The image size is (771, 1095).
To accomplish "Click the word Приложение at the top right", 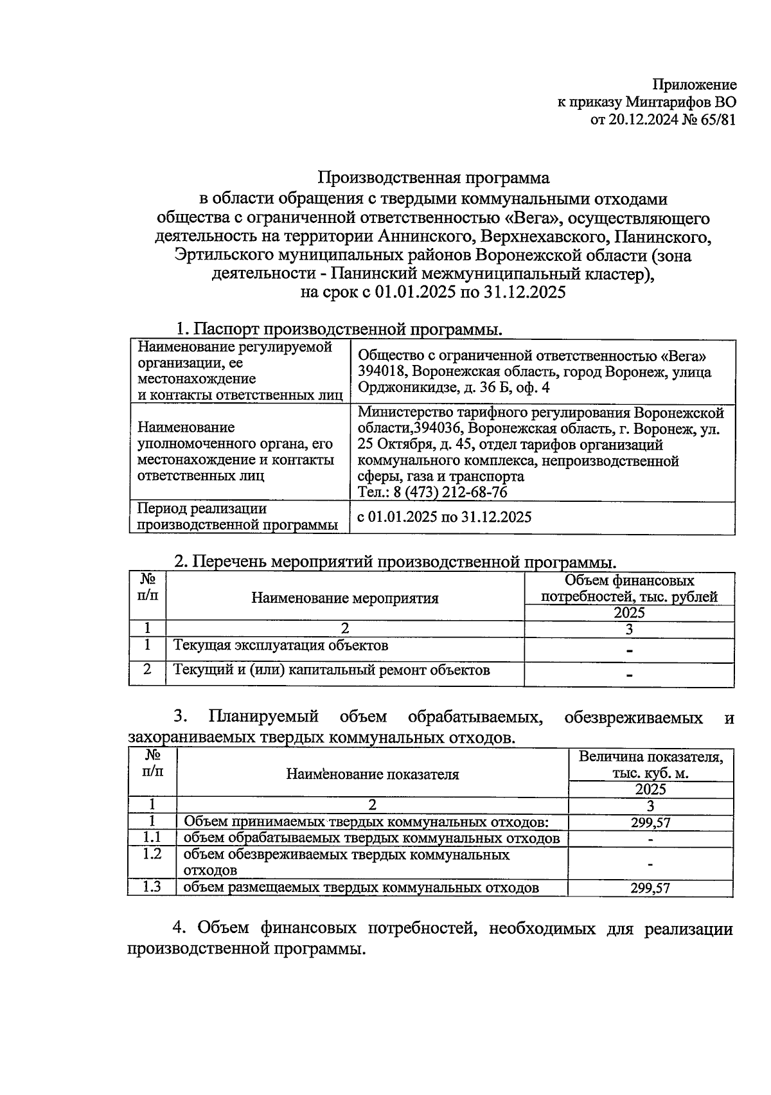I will pos(695,85).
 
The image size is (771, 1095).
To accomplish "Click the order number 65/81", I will pos(716,119).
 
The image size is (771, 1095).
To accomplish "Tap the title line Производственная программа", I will pos(435,177).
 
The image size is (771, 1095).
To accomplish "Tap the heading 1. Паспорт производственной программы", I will pos(339,329).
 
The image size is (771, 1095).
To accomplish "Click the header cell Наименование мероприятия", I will pos(345,598).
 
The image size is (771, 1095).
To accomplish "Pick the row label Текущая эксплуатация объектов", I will pos(281,645).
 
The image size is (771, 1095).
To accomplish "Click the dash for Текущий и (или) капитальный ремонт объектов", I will pos(629,675).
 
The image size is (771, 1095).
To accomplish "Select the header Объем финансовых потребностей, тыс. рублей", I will pos(629,589).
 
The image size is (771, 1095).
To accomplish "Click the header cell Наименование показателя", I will pos(373,774).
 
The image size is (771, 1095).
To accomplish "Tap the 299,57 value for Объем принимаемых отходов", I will pos(650,823).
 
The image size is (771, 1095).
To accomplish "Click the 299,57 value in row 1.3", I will pos(650,888).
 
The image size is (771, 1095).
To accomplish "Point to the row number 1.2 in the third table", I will pos(152,854).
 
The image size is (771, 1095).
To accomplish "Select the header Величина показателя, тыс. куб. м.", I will pos(650,765).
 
